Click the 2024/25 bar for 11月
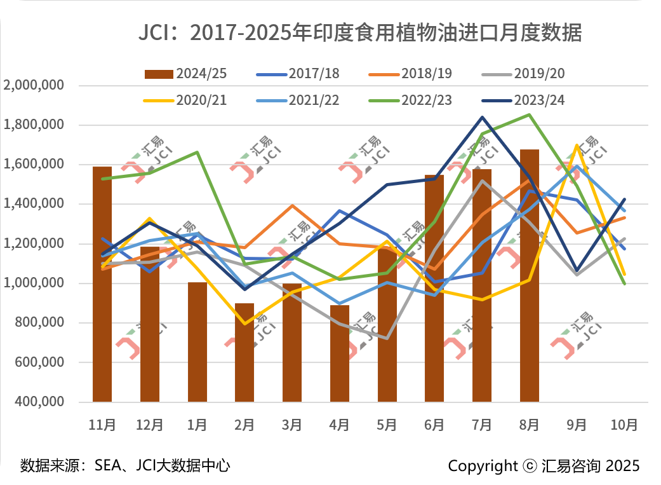point(102,284)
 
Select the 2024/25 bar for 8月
point(530,276)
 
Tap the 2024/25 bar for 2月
point(244,353)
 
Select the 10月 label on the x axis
point(624,425)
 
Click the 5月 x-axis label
point(387,425)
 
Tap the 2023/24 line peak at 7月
point(482,118)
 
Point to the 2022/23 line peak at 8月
point(530,115)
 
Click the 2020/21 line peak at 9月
point(577,146)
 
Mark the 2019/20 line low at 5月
point(387,338)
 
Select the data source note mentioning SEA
point(125,466)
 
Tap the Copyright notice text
point(544,466)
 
